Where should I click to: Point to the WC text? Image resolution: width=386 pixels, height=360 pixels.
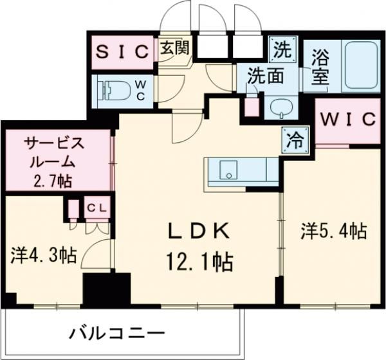(142, 87)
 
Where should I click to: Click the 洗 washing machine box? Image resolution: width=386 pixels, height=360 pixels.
(282, 47)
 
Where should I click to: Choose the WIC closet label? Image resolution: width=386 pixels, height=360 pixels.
(347, 120)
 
